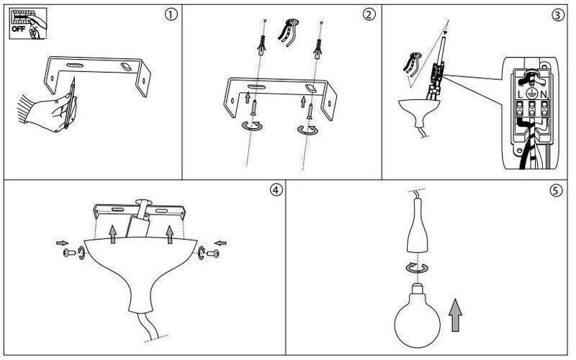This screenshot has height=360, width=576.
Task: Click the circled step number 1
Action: (171, 15)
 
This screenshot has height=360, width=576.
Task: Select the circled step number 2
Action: (369, 15)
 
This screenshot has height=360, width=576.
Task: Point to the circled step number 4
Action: (275, 190)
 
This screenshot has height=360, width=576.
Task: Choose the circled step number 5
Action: (555, 190)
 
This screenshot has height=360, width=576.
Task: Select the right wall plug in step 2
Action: (316, 50)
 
